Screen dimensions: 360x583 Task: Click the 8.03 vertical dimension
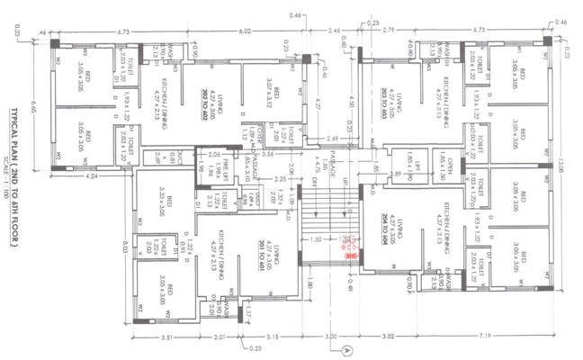(122, 247)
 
